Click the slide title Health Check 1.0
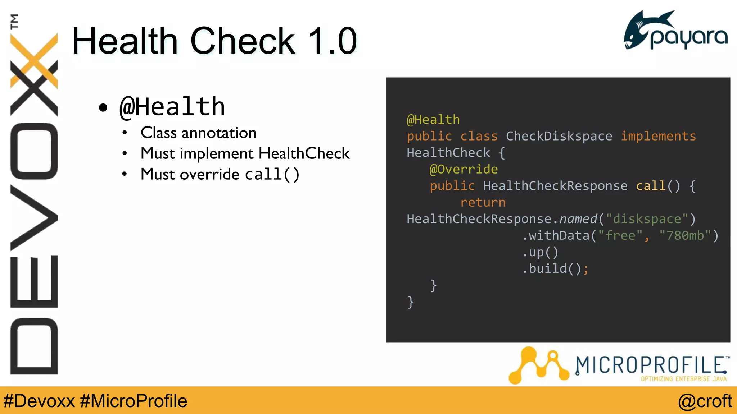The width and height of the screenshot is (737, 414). pos(214,41)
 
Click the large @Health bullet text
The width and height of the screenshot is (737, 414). pos(172,107)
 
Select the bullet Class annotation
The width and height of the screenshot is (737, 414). pos(198,133)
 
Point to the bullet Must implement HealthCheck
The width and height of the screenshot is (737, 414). pos(245,153)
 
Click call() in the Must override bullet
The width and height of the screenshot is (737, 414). pos(272,175)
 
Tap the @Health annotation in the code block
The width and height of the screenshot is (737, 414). pos(433,120)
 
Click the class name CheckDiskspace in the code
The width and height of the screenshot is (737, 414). pos(559,136)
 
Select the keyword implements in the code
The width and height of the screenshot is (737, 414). pos(658,136)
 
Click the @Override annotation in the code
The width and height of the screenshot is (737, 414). pos(464,169)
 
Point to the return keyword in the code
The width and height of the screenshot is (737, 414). pos(483,202)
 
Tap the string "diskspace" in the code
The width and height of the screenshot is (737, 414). pos(647,219)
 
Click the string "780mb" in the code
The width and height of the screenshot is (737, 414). pos(685,235)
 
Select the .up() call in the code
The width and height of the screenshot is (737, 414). pos(540,252)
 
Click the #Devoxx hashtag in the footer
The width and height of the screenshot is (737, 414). pos(39,401)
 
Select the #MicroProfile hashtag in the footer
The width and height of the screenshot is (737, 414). pos(134,401)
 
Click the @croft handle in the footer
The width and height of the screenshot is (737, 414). pos(705,401)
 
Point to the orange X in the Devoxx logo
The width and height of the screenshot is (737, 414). pos(34,61)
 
